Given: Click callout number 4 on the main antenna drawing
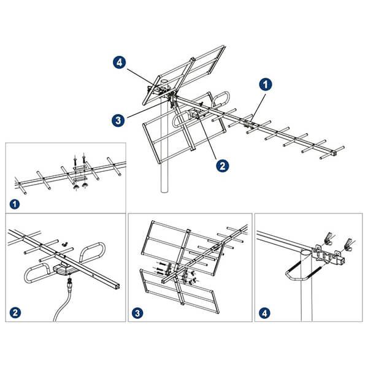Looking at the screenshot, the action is click(120, 63).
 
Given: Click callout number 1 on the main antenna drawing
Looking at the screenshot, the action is click(266, 84).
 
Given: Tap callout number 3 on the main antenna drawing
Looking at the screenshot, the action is click(118, 120).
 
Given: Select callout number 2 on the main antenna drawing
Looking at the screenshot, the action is click(222, 166).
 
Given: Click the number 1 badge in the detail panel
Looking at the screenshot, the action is click(15, 204).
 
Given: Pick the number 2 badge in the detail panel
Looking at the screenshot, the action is click(15, 313).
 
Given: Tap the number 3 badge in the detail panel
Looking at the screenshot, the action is click(137, 313).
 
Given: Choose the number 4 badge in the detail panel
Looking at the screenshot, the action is click(264, 313).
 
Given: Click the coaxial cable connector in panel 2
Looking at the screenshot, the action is click(70, 282).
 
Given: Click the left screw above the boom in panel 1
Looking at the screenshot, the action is click(75, 159).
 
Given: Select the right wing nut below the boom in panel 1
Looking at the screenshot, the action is click(84, 186).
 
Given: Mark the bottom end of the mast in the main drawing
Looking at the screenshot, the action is click(164, 191).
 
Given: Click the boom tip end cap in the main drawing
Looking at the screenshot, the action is click(334, 153).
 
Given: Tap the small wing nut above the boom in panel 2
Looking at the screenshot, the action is click(64, 244).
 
